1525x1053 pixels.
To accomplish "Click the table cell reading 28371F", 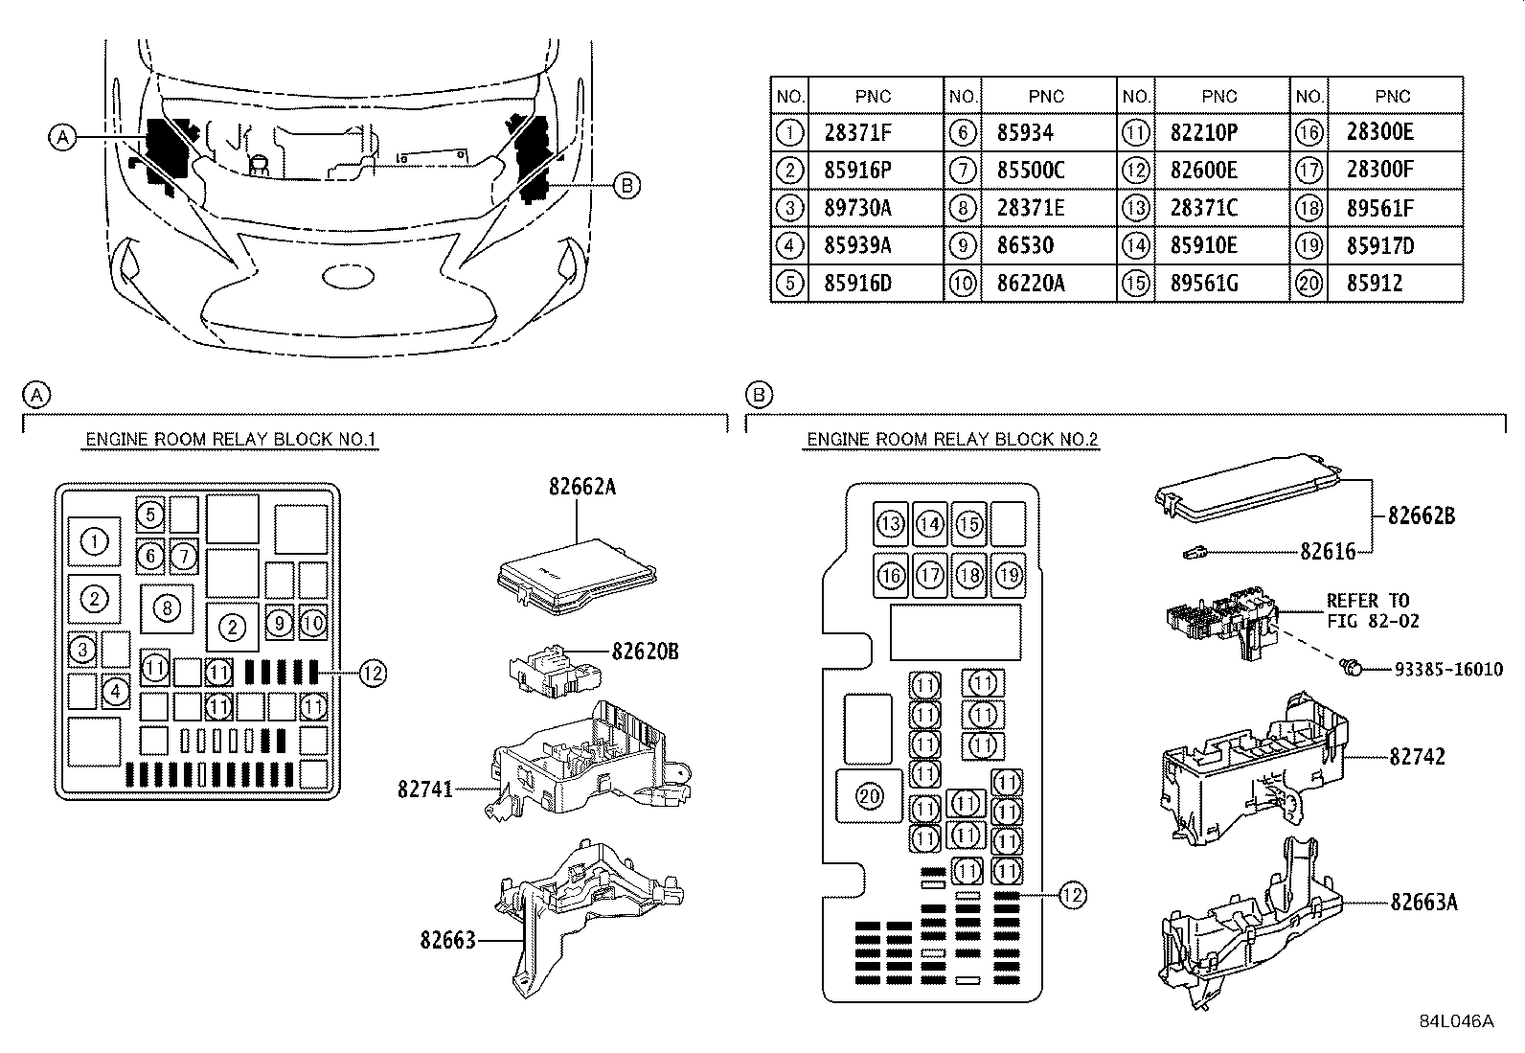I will [x=857, y=132].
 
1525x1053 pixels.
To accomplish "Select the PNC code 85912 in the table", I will [x=1374, y=284].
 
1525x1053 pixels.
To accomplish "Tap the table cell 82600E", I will [x=1203, y=171].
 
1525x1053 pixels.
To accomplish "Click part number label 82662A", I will [x=581, y=487].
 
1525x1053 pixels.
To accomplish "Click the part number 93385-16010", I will [x=1442, y=670].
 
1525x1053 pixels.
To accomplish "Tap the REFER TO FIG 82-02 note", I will [x=1367, y=610].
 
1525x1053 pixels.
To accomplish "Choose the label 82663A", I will [x=1423, y=902].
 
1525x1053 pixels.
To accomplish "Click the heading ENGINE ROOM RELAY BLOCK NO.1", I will [x=232, y=440].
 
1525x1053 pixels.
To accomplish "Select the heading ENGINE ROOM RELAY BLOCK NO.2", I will [x=952, y=440].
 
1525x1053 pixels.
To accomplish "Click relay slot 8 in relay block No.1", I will [x=167, y=607].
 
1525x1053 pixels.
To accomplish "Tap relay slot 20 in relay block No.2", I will [x=870, y=796].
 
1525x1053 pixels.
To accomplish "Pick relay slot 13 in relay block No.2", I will [x=891, y=524].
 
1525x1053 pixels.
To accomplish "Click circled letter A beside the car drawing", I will [x=62, y=137].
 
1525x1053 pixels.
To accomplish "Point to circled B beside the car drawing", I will [x=626, y=186].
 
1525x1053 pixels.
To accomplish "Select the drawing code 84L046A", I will [x=1456, y=1021].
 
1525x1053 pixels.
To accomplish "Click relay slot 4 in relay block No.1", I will [x=115, y=690].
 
